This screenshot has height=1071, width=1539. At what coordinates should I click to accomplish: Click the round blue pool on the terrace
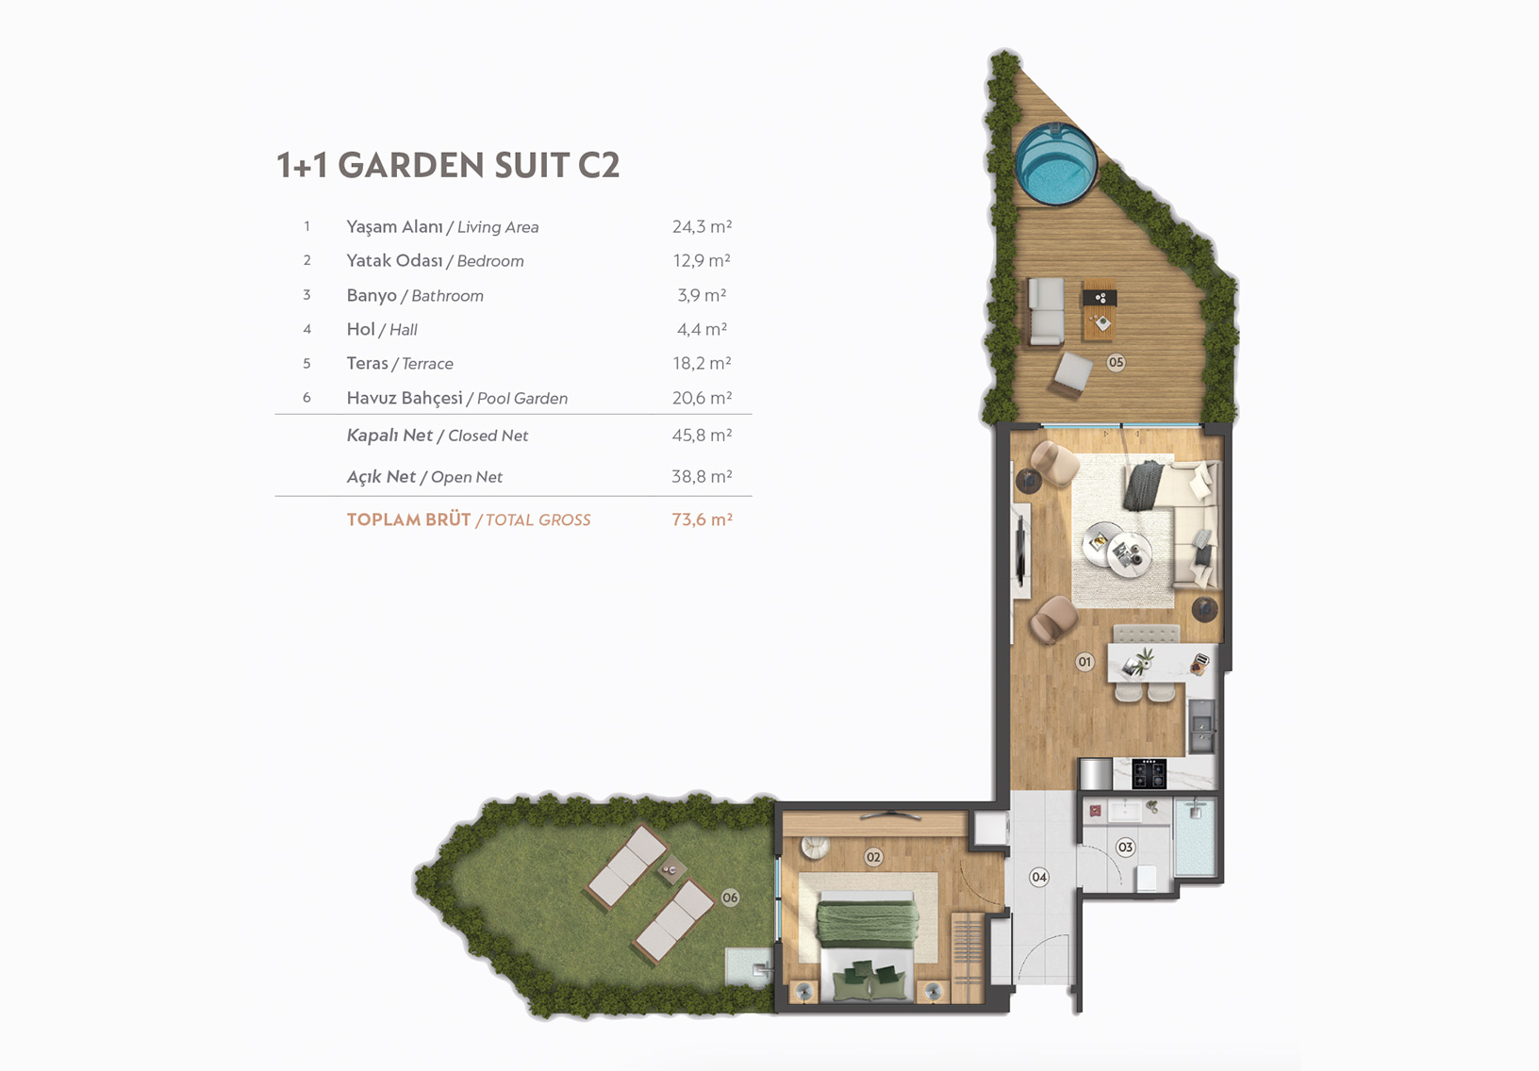[x=1055, y=164]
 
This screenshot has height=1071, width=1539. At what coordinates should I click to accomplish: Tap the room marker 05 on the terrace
[x=1116, y=362]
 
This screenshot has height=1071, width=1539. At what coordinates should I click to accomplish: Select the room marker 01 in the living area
[x=1084, y=662]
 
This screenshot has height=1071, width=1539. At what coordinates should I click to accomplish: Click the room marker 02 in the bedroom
[x=873, y=857]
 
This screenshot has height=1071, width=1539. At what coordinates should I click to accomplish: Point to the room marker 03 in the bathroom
[x=1125, y=847]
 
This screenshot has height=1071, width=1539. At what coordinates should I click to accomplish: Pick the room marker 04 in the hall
[x=1039, y=878]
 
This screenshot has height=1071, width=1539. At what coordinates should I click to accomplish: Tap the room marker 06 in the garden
[x=730, y=898]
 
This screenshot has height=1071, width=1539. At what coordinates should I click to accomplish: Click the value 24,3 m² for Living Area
[x=702, y=226]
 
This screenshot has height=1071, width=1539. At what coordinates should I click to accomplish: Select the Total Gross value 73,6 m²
[x=703, y=519]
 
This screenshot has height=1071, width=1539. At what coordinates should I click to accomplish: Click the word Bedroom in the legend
[x=489, y=261]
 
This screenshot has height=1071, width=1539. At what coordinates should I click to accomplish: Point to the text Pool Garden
[x=522, y=399]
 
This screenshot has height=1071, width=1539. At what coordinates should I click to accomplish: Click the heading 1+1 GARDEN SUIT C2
[x=448, y=165]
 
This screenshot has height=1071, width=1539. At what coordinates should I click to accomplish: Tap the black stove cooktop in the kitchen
[x=1149, y=773]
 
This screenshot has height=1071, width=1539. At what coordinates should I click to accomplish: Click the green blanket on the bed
[x=868, y=924]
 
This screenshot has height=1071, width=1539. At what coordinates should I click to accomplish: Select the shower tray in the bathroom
[x=1195, y=837]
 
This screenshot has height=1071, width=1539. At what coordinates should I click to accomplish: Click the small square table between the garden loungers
[x=670, y=870]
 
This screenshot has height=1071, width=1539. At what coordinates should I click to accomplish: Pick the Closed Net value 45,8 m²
[x=702, y=436]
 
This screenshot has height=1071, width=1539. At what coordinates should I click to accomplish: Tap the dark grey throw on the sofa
[x=1143, y=485]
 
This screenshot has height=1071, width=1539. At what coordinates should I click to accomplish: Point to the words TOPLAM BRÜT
[x=409, y=519]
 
